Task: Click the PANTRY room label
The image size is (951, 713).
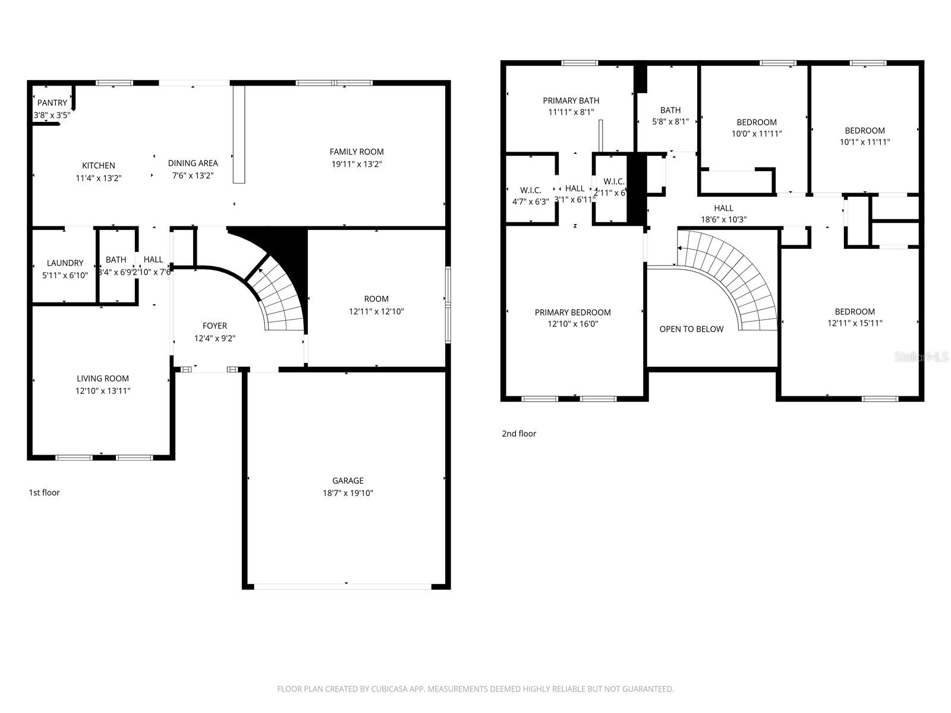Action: point(52,103)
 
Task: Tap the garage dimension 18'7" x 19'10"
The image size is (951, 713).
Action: point(348,493)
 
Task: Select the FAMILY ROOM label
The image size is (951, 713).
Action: point(357,152)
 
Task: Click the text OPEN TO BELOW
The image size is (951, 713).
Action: point(691,329)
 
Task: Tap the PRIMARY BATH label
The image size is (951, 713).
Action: point(571,100)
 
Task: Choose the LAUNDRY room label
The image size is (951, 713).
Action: point(65,263)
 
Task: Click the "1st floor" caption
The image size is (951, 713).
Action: point(45,493)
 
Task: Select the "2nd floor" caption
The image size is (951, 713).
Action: point(519,434)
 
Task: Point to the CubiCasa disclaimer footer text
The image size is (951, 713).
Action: point(475,689)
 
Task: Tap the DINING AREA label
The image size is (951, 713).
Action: point(193,163)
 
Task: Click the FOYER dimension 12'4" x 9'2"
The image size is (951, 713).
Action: point(215,339)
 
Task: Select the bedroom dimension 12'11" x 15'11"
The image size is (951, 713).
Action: point(855,324)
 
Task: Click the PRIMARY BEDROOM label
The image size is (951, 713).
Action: point(572,313)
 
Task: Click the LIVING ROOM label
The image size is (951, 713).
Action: point(103,378)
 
